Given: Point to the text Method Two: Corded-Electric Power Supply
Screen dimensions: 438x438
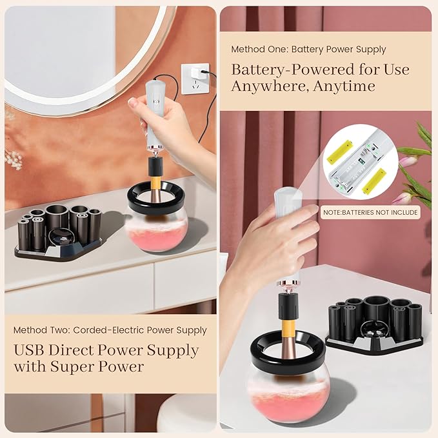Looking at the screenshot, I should (x=110, y=330).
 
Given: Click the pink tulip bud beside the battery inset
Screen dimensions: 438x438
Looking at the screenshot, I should (x=408, y=161).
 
